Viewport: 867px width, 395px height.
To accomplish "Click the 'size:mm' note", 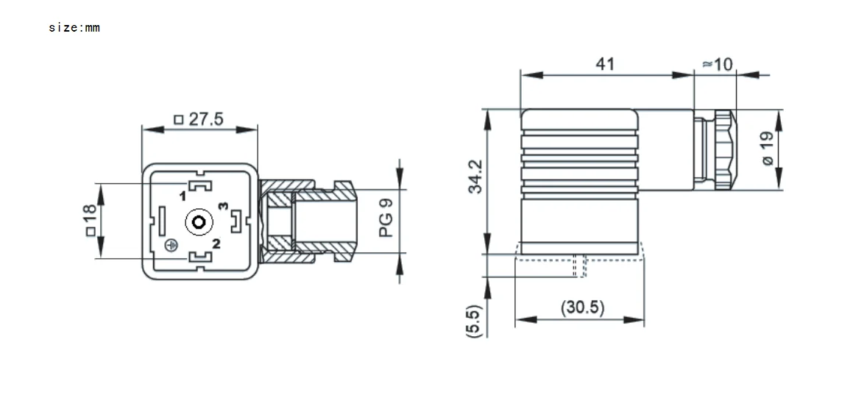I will point(74,28).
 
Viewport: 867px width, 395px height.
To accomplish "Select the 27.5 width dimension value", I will point(205,119).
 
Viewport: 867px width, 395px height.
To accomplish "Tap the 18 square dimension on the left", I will point(90,220).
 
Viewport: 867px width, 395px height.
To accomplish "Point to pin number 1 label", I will point(182,196).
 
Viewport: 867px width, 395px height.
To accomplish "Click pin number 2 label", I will point(216,243).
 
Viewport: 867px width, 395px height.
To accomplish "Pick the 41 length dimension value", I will point(604,64).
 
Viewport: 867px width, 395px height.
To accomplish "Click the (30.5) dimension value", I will point(581,307).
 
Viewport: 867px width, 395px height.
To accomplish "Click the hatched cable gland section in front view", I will point(278,220).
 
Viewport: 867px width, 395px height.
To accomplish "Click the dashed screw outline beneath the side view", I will point(580,266).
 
